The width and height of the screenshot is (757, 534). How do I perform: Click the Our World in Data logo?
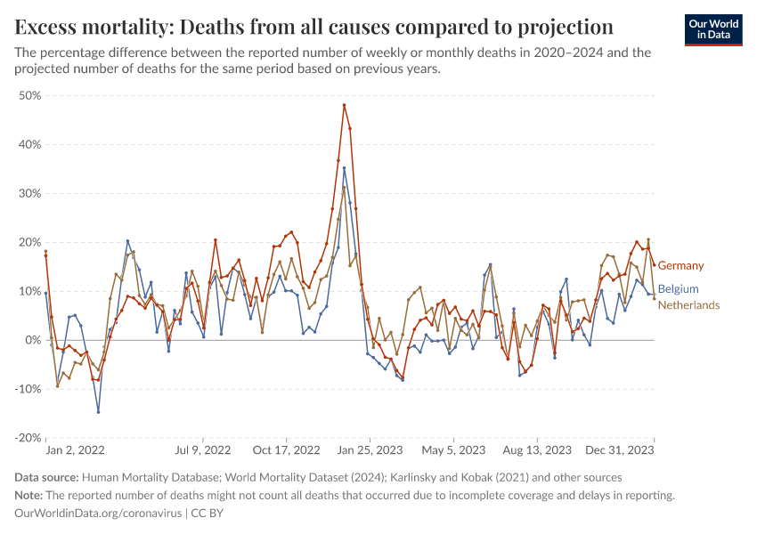[x=713, y=29]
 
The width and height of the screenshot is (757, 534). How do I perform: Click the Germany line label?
[x=680, y=265]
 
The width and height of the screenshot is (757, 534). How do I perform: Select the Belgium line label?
[x=678, y=289]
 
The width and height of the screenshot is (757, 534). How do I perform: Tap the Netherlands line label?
[x=688, y=305]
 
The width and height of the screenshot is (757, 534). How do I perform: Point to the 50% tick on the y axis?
[x=29, y=95]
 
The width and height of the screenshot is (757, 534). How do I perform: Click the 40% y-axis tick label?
[x=29, y=144]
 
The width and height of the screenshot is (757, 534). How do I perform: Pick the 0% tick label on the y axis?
[x=33, y=340]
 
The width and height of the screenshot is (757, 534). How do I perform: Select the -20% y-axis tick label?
[x=28, y=438]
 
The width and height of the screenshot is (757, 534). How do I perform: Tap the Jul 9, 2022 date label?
[x=204, y=451]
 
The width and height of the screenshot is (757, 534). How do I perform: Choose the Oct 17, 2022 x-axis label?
[x=286, y=451]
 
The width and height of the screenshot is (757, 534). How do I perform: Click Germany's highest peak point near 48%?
[x=344, y=105]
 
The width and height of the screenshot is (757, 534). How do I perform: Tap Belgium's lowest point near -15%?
[x=98, y=412]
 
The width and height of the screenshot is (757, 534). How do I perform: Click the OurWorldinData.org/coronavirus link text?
[x=98, y=514]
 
